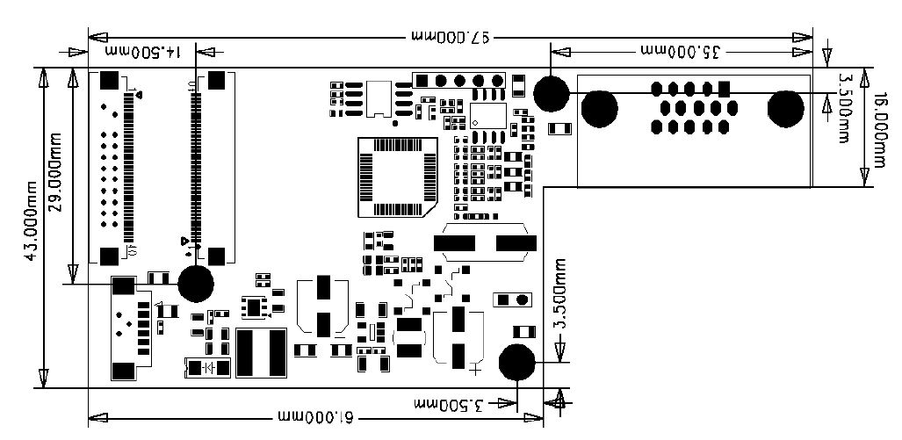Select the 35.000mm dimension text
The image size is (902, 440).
click(681, 52)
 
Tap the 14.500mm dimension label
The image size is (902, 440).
click(143, 53)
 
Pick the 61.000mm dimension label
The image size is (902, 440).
click(315, 415)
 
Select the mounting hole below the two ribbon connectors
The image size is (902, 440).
click(196, 284)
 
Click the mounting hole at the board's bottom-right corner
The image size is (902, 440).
click(517, 362)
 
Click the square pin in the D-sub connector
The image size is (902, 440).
click(724, 89)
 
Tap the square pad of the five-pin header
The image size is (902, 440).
click(421, 81)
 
